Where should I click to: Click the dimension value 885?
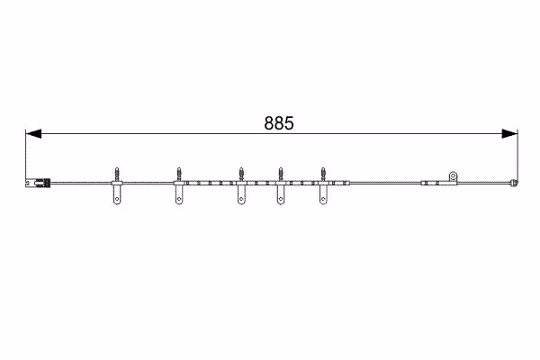point(279,123)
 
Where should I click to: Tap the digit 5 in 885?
point(289,123)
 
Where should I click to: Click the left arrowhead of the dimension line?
point(33,134)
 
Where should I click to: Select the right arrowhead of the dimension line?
point(509,134)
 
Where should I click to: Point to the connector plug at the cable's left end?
point(38,183)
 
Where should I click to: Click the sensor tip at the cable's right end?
point(514,183)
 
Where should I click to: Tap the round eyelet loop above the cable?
point(454,176)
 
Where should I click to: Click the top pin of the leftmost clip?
point(117,174)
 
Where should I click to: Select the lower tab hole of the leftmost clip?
point(117,199)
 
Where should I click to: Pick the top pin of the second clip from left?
point(179,174)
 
